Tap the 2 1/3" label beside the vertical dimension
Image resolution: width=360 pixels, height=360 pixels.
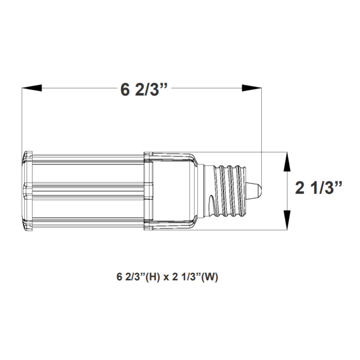pyautogui.click(x=319, y=188)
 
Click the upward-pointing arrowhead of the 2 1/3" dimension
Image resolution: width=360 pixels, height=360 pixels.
pyautogui.click(x=286, y=163)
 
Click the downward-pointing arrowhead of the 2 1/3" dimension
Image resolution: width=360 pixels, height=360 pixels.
pyautogui.click(x=286, y=220)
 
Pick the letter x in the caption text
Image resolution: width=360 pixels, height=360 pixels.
pyautogui.click(x=166, y=278)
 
